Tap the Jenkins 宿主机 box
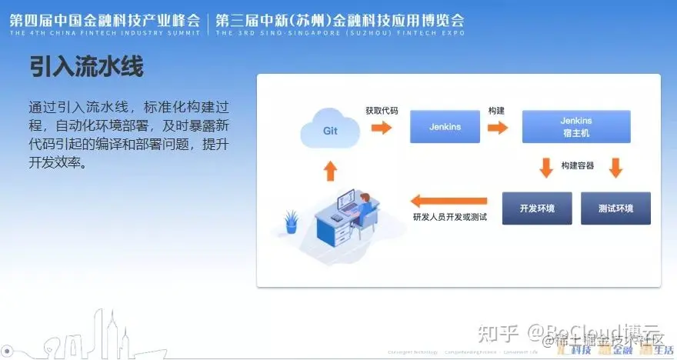[x=576, y=127]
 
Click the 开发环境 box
[x=536, y=208]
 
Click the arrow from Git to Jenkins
[x=381, y=128]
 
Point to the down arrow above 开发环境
[x=545, y=167]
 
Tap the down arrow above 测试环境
[x=615, y=167]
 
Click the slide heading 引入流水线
[x=86, y=67]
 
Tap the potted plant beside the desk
[x=291, y=221]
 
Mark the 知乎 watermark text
[x=498, y=333]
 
